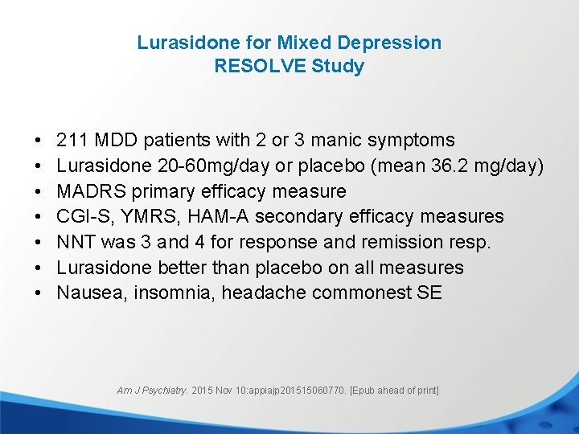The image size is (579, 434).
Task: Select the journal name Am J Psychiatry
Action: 152,391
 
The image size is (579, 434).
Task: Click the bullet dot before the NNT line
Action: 39,243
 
